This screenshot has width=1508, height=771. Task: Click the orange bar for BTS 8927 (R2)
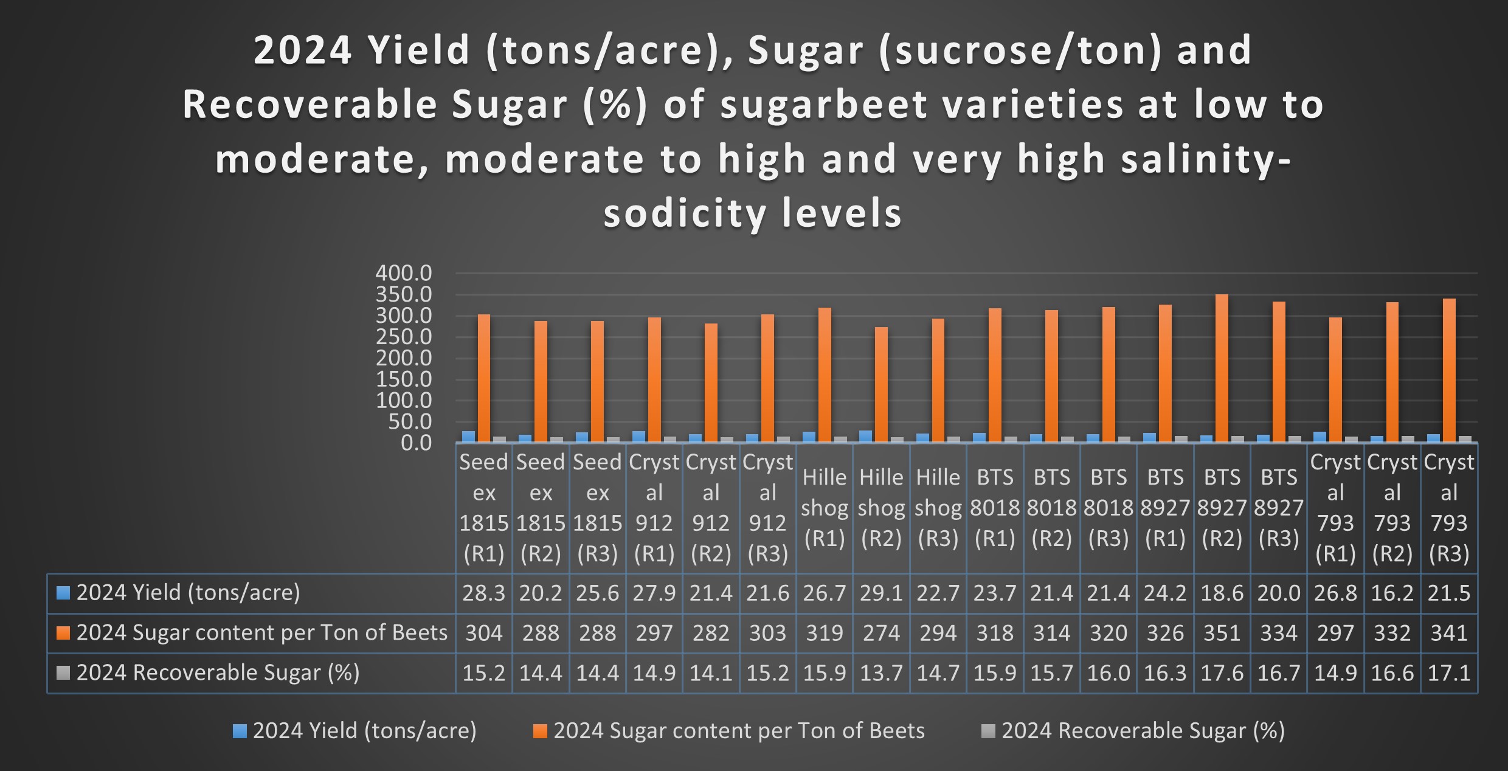[x=1222, y=368]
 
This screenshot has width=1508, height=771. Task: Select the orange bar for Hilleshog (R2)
[x=881, y=384]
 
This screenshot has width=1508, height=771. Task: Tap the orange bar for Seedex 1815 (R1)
[x=484, y=378]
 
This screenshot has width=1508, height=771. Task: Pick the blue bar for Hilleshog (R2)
[x=865, y=436]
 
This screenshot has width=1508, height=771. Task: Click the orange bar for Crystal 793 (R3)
[x=1449, y=370]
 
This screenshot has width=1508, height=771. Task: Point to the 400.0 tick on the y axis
[x=404, y=273]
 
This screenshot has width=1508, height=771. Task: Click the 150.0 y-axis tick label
[x=404, y=379]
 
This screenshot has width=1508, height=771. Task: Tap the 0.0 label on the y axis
[x=417, y=443]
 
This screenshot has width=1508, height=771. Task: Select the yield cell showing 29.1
[x=881, y=593]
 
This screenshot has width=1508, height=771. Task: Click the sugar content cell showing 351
[x=1222, y=633]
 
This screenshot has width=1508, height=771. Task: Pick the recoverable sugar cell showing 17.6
[x=1222, y=673]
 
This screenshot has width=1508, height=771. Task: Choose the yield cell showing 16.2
[x=1392, y=593]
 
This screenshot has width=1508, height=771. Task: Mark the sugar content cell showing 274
[x=881, y=633]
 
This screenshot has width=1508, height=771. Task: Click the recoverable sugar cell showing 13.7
[x=881, y=673]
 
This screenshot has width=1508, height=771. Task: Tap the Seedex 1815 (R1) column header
[x=484, y=508]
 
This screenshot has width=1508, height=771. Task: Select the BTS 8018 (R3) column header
[x=1109, y=508]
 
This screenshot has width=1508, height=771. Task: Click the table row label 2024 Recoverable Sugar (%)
[x=218, y=673]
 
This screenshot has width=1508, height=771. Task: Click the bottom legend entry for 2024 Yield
[x=364, y=731]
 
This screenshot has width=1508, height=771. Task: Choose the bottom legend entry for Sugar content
[x=738, y=731]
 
